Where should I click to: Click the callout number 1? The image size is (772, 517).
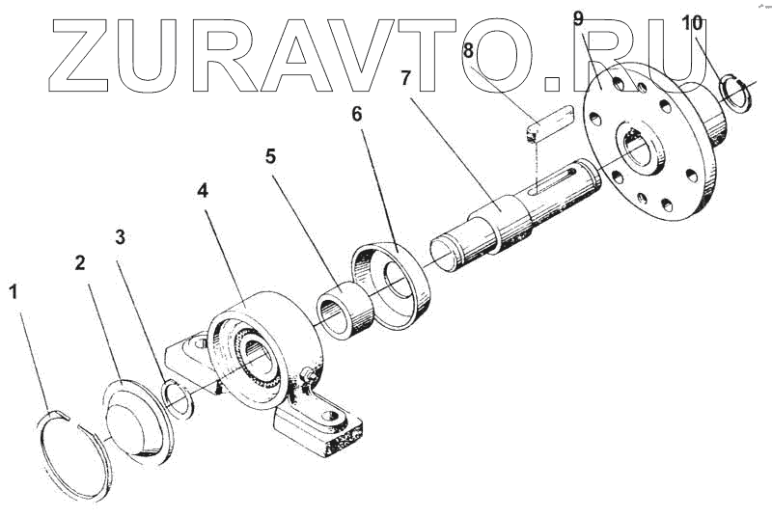coord(14,290)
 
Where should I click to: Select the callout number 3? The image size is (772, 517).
coord(120,237)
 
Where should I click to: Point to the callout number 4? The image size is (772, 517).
coord(203,191)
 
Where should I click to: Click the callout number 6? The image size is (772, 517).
coord(357,114)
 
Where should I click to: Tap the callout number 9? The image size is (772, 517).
coord(578,18)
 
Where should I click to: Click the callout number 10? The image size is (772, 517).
coord(692,23)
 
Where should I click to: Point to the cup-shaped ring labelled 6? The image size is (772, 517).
coord(391,286)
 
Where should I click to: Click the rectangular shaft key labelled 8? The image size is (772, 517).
coord(550,126)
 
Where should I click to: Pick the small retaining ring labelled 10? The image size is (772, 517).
coord(739,94)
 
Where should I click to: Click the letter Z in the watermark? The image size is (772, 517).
coord(92,55)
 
